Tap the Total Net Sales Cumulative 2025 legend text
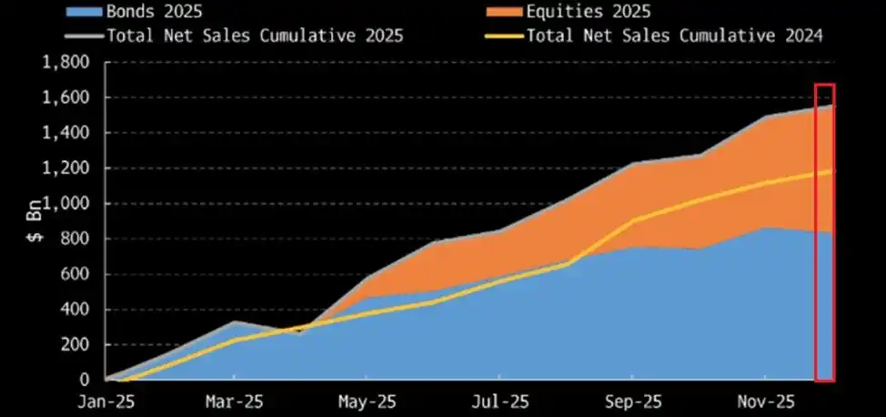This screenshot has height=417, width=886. click(255, 36)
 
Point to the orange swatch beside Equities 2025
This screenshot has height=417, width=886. click(493, 12)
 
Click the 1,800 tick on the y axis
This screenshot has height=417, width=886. click(66, 63)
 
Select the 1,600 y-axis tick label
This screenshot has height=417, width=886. click(66, 98)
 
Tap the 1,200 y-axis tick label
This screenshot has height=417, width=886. click(66, 168)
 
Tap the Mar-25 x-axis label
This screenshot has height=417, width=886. click(236, 401)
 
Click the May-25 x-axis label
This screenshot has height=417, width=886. click(367, 401)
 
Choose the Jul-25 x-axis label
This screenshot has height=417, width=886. click(498, 401)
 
